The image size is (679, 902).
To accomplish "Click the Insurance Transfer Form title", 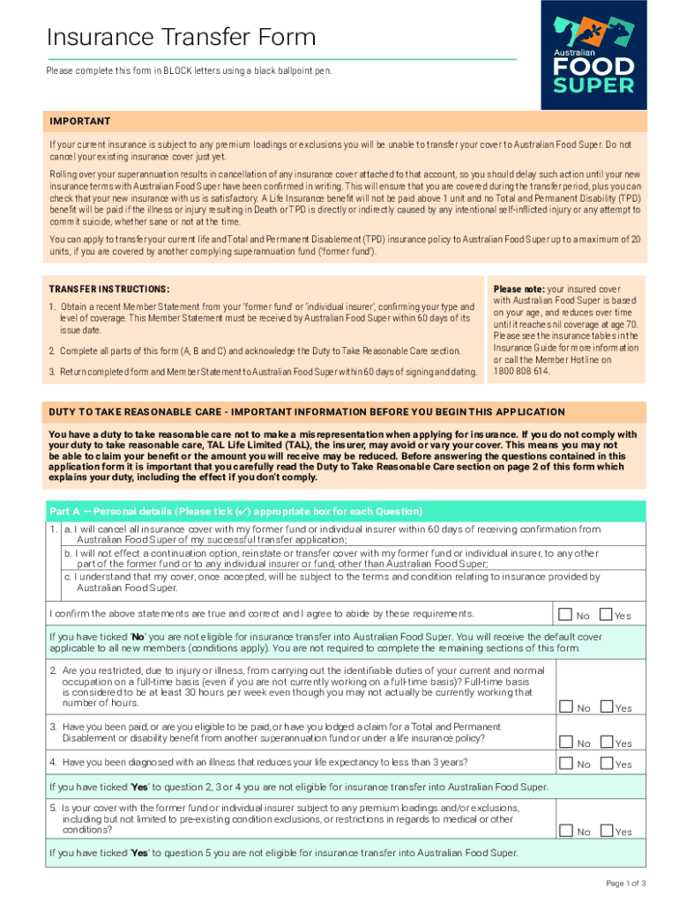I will [181, 37].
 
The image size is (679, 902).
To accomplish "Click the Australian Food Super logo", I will [593, 55].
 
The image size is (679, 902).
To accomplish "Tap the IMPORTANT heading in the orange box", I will [80, 122].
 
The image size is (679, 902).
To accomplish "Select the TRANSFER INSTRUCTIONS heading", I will [109, 289].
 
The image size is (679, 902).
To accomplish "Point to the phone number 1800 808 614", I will [521, 372].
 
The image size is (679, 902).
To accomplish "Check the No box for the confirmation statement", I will [564, 614].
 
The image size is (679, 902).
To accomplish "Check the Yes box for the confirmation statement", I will [606, 614].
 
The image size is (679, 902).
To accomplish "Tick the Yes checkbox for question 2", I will [606, 706].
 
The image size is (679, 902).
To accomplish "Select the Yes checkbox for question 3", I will [606, 742].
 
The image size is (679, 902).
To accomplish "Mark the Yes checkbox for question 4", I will [606, 763].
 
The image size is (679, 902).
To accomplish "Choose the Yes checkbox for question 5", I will [606, 830].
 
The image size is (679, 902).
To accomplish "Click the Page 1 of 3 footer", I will [625, 883].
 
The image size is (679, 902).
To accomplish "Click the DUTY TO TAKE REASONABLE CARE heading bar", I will [307, 411].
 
